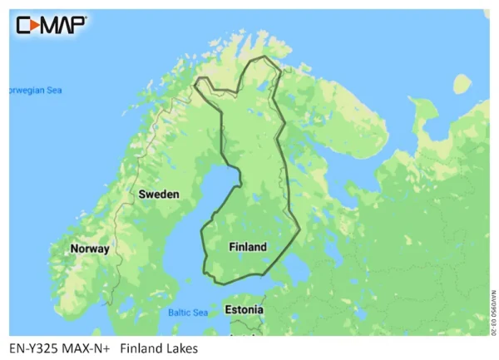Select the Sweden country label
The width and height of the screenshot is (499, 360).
click(158, 194)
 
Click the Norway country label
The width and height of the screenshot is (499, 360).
click(89, 249)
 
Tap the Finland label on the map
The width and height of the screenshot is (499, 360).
click(248, 247)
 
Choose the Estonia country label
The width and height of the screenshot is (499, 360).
click(244, 310)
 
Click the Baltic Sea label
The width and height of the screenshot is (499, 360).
click(188, 313)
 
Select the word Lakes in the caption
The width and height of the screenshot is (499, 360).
click(182, 348)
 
